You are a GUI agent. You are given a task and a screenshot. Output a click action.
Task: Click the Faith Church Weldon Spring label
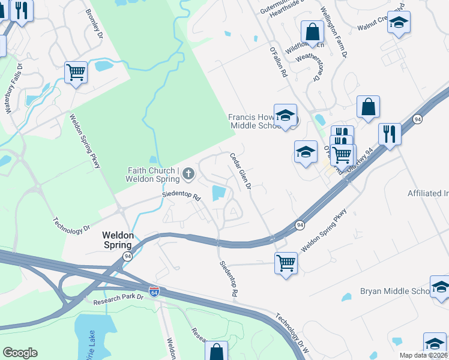[x=154, y=175]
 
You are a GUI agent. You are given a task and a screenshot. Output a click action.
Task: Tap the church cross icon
[x=188, y=175]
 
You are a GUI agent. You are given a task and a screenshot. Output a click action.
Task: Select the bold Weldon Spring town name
[x=117, y=241]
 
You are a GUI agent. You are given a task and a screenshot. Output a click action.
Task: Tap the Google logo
[x=20, y=352]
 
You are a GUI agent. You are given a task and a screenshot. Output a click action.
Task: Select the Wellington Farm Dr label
[x=334, y=35]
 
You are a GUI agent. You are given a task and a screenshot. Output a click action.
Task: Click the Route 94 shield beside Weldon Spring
[x=127, y=256]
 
